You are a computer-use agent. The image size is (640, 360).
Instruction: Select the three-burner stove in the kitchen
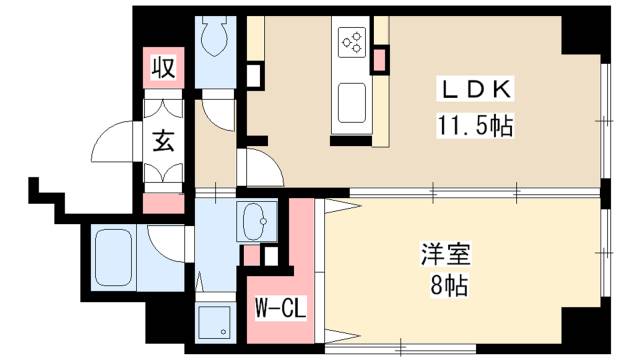tap(352, 41)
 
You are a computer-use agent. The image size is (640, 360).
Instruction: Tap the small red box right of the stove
tap(379, 59)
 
